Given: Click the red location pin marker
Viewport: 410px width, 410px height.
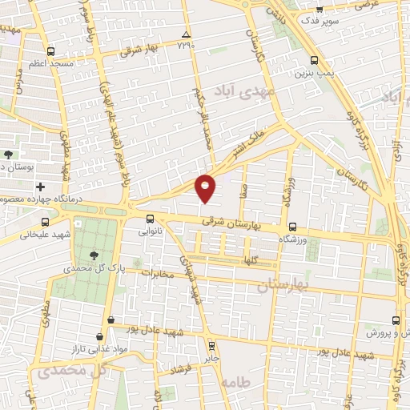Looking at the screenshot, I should (206, 187).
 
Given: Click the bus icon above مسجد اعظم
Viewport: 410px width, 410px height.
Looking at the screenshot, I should (51, 49).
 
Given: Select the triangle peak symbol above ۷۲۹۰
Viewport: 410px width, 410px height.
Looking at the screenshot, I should (186, 35).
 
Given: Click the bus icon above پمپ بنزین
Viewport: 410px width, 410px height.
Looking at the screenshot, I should (313, 59).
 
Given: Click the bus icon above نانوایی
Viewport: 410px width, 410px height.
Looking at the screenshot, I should (150, 218).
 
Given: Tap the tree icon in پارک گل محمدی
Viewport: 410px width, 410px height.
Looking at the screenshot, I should (96, 256).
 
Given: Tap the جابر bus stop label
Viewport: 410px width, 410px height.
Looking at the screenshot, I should (211, 358).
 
